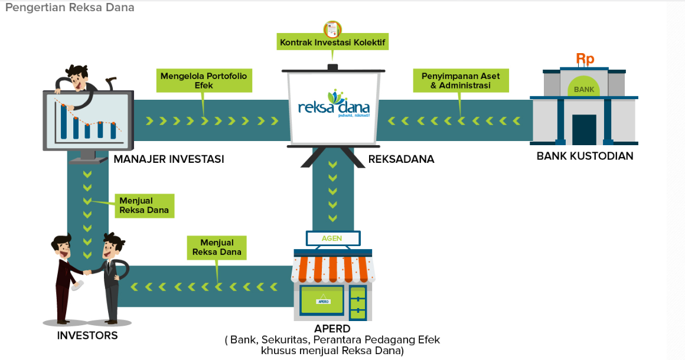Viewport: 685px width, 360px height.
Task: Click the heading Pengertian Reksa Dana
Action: pos(70,8)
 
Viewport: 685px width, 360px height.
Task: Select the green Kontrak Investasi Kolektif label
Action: pos(332,42)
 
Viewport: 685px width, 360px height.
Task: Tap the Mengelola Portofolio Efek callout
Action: pos(204,81)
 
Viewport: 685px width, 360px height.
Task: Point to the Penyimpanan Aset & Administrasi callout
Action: pos(461,81)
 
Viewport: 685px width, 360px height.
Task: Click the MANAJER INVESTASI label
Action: pos(169,159)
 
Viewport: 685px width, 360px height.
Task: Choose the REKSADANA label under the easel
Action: pos(401,159)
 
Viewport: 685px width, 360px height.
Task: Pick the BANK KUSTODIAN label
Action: pos(585,156)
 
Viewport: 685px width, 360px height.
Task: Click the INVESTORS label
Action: pos(87,336)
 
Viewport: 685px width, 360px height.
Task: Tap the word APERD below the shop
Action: pos(332,329)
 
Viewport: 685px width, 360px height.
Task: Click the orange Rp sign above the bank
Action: pos(585,59)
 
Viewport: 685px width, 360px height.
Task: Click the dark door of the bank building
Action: pos(584,129)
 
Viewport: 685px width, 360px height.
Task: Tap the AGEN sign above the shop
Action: pos(332,238)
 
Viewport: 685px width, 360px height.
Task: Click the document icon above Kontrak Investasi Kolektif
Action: pos(332,28)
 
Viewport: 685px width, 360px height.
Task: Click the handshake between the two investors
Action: pos(87,272)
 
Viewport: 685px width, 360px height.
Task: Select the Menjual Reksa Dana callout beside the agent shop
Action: pos(217,247)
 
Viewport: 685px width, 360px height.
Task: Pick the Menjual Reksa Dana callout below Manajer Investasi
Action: pos(144,205)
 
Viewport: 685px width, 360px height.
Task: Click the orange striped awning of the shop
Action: pos(332,268)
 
